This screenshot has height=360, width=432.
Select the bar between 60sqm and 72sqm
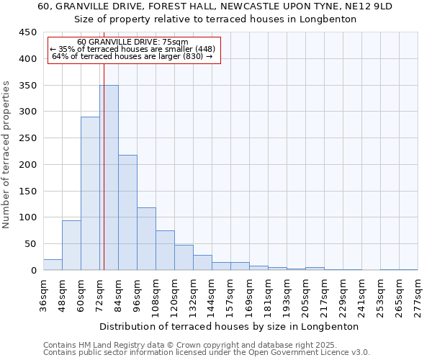(90, 194)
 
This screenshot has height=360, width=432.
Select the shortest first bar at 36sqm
(53, 265)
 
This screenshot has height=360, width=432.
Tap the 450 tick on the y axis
(28, 32)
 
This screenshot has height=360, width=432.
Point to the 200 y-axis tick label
(28, 165)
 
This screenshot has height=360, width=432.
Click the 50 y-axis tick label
(31, 244)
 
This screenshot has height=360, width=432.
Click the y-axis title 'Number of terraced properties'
(6, 155)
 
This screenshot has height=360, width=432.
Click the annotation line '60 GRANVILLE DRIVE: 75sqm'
(132, 42)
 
